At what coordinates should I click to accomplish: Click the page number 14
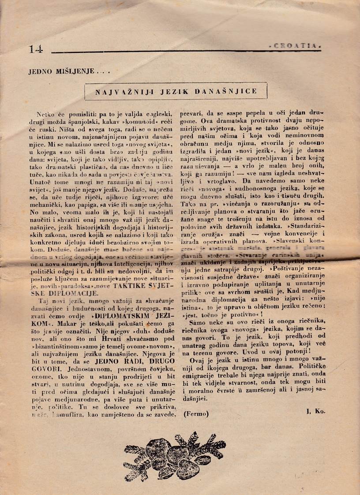(36, 49)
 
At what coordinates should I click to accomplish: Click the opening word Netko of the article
(48, 114)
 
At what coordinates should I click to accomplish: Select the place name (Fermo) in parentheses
(196, 414)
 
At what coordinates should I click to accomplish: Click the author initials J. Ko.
(315, 411)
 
